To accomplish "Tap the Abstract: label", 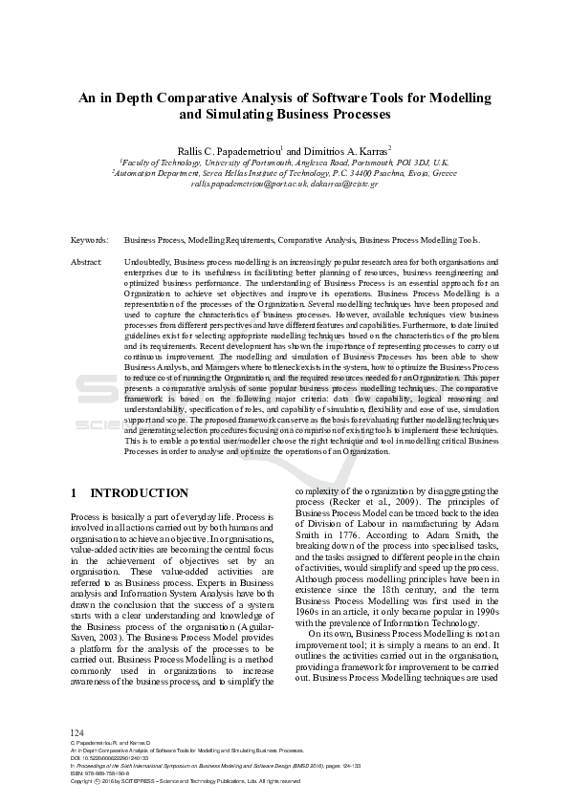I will tap(87, 261).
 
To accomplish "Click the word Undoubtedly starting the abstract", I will tap(148, 261).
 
